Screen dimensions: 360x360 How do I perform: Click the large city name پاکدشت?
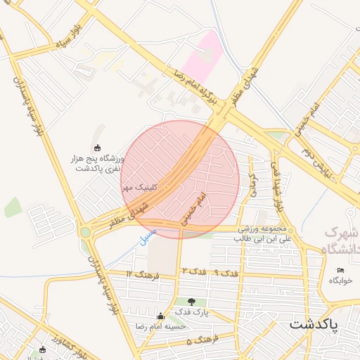[313, 324]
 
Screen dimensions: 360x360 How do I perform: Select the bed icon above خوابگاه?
[340, 271]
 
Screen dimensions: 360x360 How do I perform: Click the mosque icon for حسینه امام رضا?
[160, 316]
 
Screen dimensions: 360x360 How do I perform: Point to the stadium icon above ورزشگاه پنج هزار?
[96, 148]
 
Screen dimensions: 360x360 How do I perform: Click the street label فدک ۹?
[227, 271]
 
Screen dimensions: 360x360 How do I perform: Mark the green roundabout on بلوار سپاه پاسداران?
[85, 231]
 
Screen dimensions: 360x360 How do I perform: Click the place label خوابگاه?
[340, 280]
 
